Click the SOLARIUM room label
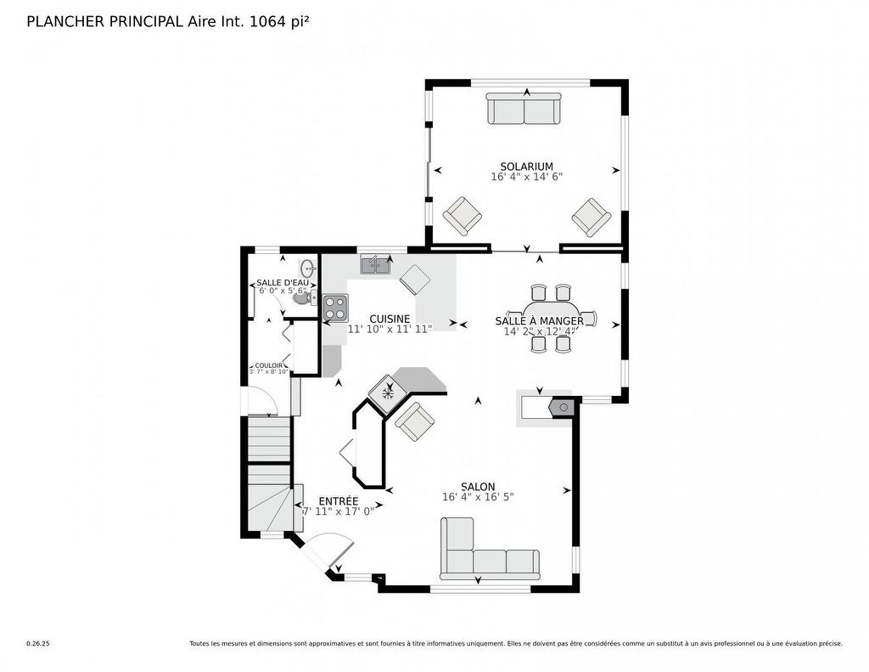pyautogui.click(x=526, y=167)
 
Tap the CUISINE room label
pyautogui.click(x=390, y=319)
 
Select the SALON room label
pyautogui.click(x=478, y=487)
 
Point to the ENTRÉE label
pyautogui.click(x=338, y=501)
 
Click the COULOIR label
pyautogui.click(x=269, y=365)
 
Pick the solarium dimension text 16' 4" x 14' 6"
pyautogui.click(x=526, y=178)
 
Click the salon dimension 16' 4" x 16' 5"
pyautogui.click(x=478, y=498)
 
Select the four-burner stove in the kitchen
pyautogui.click(x=334, y=306)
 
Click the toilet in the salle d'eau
pyautogui.click(x=302, y=297)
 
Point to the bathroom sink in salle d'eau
pyautogui.click(x=307, y=268)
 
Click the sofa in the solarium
pyautogui.click(x=523, y=110)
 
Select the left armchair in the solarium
pyautogui.click(x=463, y=216)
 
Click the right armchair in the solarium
pyautogui.click(x=591, y=217)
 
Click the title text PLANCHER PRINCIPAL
pyautogui.click(x=105, y=22)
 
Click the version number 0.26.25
pyautogui.click(x=37, y=644)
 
